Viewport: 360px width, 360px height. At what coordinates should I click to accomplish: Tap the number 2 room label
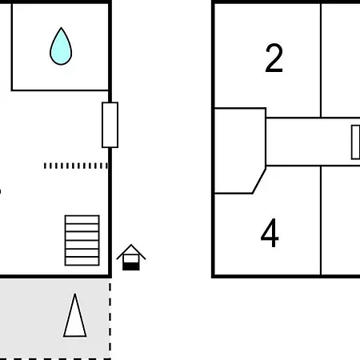tap(274, 58)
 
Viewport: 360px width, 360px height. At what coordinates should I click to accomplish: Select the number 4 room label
tap(270, 233)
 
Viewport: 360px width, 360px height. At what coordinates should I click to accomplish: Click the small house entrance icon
tap(131, 258)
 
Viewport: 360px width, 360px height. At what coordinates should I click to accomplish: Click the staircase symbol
tap(82, 240)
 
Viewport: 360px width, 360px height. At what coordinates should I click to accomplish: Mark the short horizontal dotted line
tap(76, 166)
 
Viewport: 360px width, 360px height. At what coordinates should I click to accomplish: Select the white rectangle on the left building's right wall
tap(110, 125)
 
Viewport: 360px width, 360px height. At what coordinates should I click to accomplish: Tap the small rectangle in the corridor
tap(356, 142)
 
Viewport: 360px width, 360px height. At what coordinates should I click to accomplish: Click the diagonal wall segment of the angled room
tap(259, 181)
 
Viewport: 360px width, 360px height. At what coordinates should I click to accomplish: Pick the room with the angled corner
tap(240, 150)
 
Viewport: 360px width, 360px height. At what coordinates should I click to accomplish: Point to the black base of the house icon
tap(131, 266)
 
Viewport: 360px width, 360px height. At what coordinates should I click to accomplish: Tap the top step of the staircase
tap(82, 219)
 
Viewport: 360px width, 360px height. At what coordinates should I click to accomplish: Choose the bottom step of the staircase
tap(82, 262)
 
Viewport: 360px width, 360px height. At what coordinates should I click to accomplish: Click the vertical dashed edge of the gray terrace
tap(110, 318)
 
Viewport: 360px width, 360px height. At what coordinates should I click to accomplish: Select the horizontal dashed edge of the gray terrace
tap(55, 359)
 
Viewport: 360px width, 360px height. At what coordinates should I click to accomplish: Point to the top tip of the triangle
tap(75, 294)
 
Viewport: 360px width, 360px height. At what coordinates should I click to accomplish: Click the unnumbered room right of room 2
tap(341, 60)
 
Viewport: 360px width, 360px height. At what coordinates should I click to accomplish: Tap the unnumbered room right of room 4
tap(341, 220)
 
